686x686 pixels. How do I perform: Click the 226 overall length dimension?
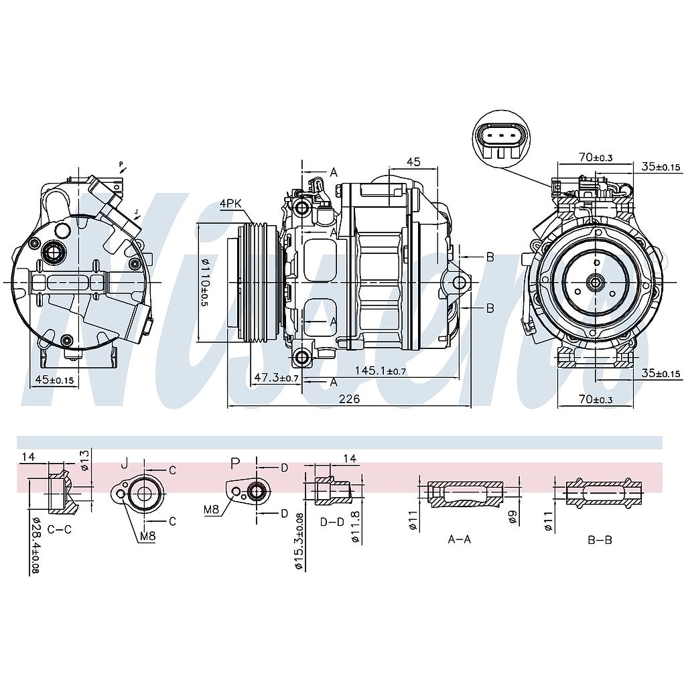(x=349, y=399)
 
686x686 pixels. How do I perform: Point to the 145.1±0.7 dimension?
(x=381, y=371)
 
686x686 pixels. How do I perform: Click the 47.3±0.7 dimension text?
(x=275, y=379)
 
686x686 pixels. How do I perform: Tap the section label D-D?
(x=332, y=521)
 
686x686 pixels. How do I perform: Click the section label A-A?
(x=459, y=539)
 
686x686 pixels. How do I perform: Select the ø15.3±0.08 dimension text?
(x=299, y=541)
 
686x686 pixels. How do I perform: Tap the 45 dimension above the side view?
(x=413, y=161)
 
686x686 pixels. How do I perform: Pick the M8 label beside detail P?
(x=212, y=510)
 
